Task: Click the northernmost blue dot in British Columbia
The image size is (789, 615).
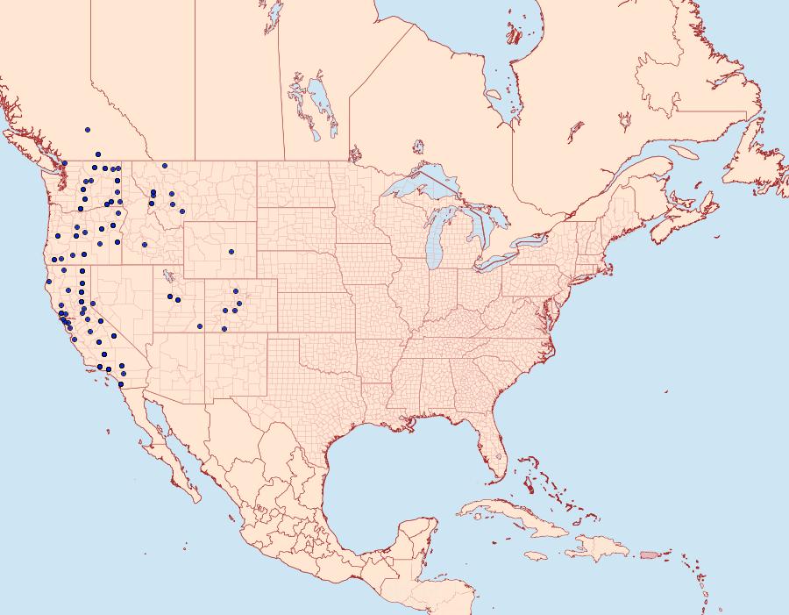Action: click(87, 130)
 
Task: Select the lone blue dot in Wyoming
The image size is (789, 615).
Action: click(231, 252)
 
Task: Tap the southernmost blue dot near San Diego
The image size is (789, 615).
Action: click(121, 384)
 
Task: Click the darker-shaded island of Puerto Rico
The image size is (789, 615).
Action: click(649, 554)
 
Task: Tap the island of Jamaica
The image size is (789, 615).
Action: click(537, 556)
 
